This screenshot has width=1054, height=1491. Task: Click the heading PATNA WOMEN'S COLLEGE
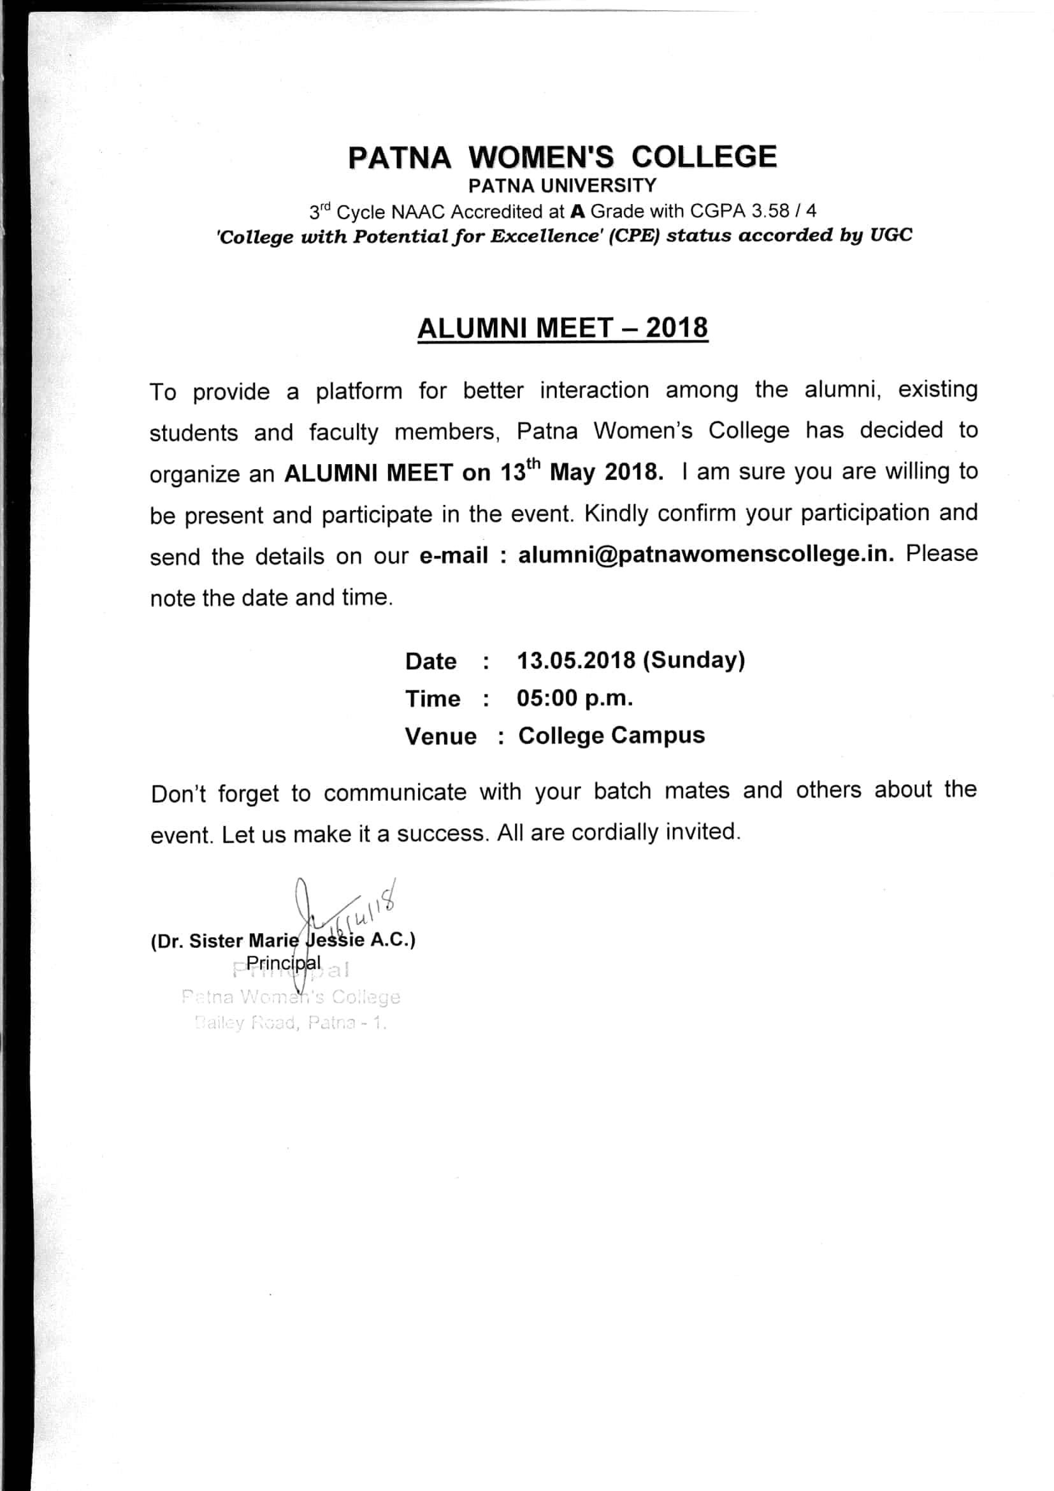pos(562,157)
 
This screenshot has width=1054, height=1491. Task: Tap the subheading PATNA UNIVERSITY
pos(562,185)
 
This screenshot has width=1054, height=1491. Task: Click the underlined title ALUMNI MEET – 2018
pos(562,328)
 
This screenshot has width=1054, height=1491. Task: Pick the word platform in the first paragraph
pos(359,391)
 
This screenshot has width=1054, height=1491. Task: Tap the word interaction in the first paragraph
pos(594,390)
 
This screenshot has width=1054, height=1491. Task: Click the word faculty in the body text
pos(343,432)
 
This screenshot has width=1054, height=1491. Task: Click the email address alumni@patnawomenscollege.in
pos(705,554)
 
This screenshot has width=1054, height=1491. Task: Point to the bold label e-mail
pos(454,556)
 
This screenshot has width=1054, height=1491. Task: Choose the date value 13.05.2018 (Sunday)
pos(630,660)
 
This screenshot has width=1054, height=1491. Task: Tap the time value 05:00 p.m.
pos(574,698)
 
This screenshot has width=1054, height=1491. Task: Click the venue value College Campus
pos(610,735)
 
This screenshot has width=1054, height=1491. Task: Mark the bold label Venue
pos(441,736)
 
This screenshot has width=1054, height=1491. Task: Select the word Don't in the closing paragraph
pos(178,794)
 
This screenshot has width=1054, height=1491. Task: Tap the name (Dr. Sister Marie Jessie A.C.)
pos(283,941)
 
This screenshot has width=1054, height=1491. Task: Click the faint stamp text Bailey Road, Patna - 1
pos(290,1022)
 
